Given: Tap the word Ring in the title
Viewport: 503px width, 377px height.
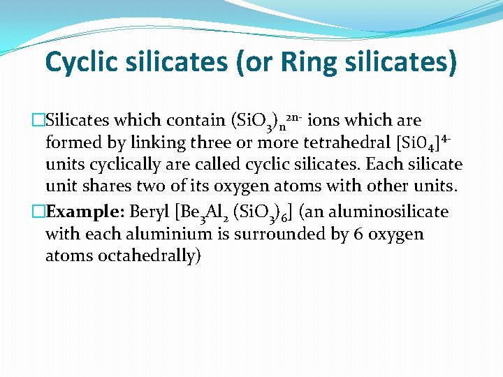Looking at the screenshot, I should tap(312, 61).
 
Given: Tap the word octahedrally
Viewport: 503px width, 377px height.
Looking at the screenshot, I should tap(123, 256).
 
